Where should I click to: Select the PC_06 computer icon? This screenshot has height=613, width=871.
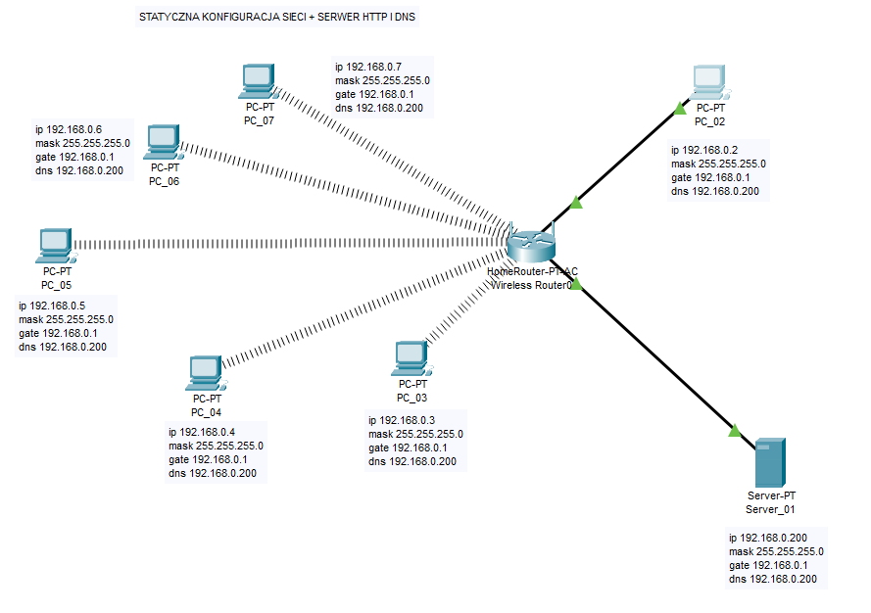[x=163, y=142]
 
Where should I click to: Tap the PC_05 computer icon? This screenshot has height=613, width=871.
[x=56, y=245]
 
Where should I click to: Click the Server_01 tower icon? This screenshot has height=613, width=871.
[x=770, y=463]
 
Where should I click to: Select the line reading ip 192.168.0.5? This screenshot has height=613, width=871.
[x=52, y=306]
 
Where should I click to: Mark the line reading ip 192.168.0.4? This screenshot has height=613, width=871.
[x=202, y=432]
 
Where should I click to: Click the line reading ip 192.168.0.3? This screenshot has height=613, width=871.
[x=402, y=420]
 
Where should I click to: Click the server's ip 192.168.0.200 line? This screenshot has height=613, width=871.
[x=768, y=538]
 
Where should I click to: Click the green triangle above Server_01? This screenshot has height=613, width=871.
[x=735, y=429]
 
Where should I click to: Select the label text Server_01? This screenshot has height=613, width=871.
[x=770, y=510]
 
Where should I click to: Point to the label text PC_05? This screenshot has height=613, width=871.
[x=56, y=285]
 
